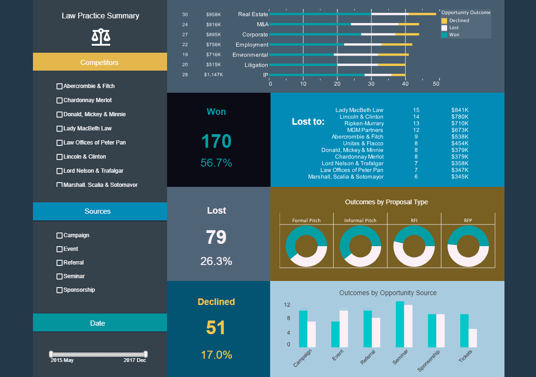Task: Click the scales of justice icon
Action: [x=101, y=37]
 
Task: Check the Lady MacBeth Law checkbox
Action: [x=59, y=128]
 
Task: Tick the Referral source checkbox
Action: [x=59, y=263]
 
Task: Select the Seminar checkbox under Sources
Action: [x=59, y=276]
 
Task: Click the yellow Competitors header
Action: [x=100, y=62]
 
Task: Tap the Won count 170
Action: [x=216, y=142]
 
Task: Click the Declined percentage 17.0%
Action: [x=216, y=355]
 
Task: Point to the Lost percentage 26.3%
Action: [x=216, y=261]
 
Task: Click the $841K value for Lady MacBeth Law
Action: [x=460, y=110]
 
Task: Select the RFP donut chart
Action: [x=468, y=246]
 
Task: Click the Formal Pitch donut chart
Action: [x=306, y=246]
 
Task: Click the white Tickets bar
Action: [x=472, y=338]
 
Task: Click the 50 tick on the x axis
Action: [x=436, y=84]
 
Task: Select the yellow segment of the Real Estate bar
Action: [x=422, y=14]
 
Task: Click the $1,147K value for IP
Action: [x=213, y=75]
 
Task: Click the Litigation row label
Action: [x=256, y=65]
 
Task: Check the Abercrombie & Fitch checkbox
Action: [x=59, y=86]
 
